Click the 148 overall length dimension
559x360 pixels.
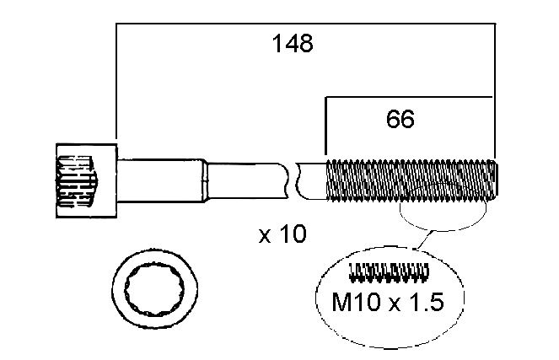[x=293, y=44]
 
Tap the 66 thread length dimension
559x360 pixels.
[x=400, y=119]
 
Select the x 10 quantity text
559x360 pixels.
[x=282, y=234]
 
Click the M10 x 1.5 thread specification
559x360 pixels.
[x=388, y=302]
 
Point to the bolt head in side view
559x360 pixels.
[x=86, y=180]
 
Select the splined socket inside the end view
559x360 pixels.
[x=155, y=289]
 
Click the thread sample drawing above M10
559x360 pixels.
[x=389, y=272]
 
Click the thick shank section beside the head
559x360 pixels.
[x=161, y=180]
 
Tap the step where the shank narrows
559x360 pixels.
[x=205, y=181]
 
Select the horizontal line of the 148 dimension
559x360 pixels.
[x=305, y=24]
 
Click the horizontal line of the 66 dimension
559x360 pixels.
[x=409, y=97]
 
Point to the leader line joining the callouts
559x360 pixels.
[x=425, y=240]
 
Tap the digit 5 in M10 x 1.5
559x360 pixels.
[x=437, y=302]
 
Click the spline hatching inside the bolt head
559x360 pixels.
[x=76, y=181]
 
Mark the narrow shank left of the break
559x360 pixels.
[x=248, y=180]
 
